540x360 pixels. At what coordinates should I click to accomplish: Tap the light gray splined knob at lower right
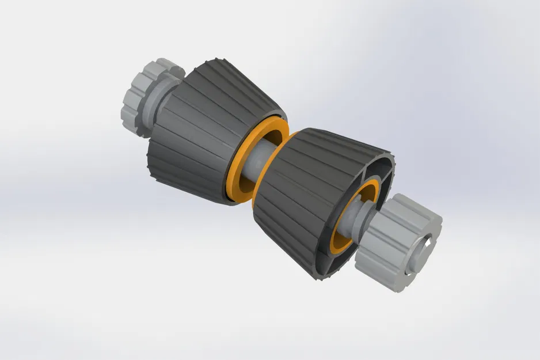point(397,242)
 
